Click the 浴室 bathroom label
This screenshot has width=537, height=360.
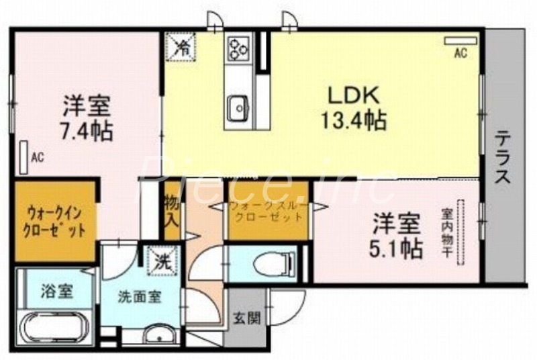[x=57, y=291]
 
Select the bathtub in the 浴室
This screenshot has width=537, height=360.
[x=56, y=330]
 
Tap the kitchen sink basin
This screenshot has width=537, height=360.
[x=238, y=107]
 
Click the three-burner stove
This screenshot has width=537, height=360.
[x=238, y=48]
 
